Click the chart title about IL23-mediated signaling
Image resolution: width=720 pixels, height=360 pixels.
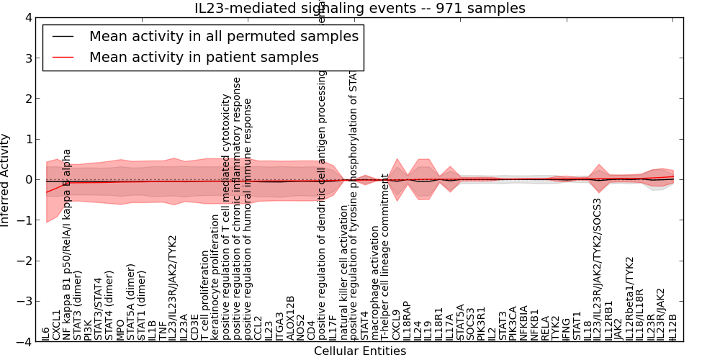tap(360, 8)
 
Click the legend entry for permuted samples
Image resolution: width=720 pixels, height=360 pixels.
tap(223, 36)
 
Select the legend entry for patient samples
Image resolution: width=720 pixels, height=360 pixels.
tap(204, 57)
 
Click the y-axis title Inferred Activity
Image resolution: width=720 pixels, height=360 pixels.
tap(6, 180)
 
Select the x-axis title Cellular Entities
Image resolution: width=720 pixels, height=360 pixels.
tap(360, 351)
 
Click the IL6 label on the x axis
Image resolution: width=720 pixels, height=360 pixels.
tap(46, 333)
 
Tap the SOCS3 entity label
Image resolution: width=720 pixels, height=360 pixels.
tap(471, 324)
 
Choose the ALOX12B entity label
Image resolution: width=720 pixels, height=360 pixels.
tap(290, 318)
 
